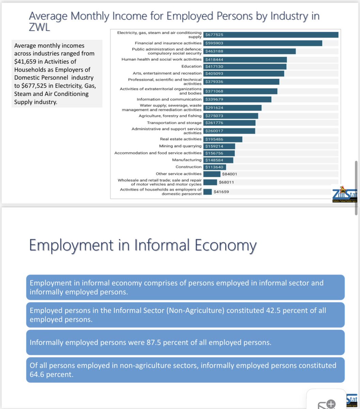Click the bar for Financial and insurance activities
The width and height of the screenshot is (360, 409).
click(263, 43)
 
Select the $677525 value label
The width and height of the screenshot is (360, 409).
click(214, 35)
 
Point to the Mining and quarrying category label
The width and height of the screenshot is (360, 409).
click(181, 146)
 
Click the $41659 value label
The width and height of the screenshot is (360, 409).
click(221, 192)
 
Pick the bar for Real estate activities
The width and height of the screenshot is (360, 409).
click(223, 139)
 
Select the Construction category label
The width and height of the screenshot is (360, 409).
click(188, 167)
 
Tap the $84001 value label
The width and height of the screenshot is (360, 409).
click(229, 174)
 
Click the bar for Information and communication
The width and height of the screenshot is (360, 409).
click(237, 99)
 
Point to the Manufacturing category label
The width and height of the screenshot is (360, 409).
click(187, 160)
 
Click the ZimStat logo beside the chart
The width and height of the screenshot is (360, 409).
click(344, 196)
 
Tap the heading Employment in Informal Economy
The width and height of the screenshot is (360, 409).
click(142, 245)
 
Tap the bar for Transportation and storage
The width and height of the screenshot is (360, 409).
click(230, 123)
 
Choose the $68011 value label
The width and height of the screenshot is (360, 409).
click(226, 182)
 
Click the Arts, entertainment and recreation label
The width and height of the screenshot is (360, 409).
click(167, 73)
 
